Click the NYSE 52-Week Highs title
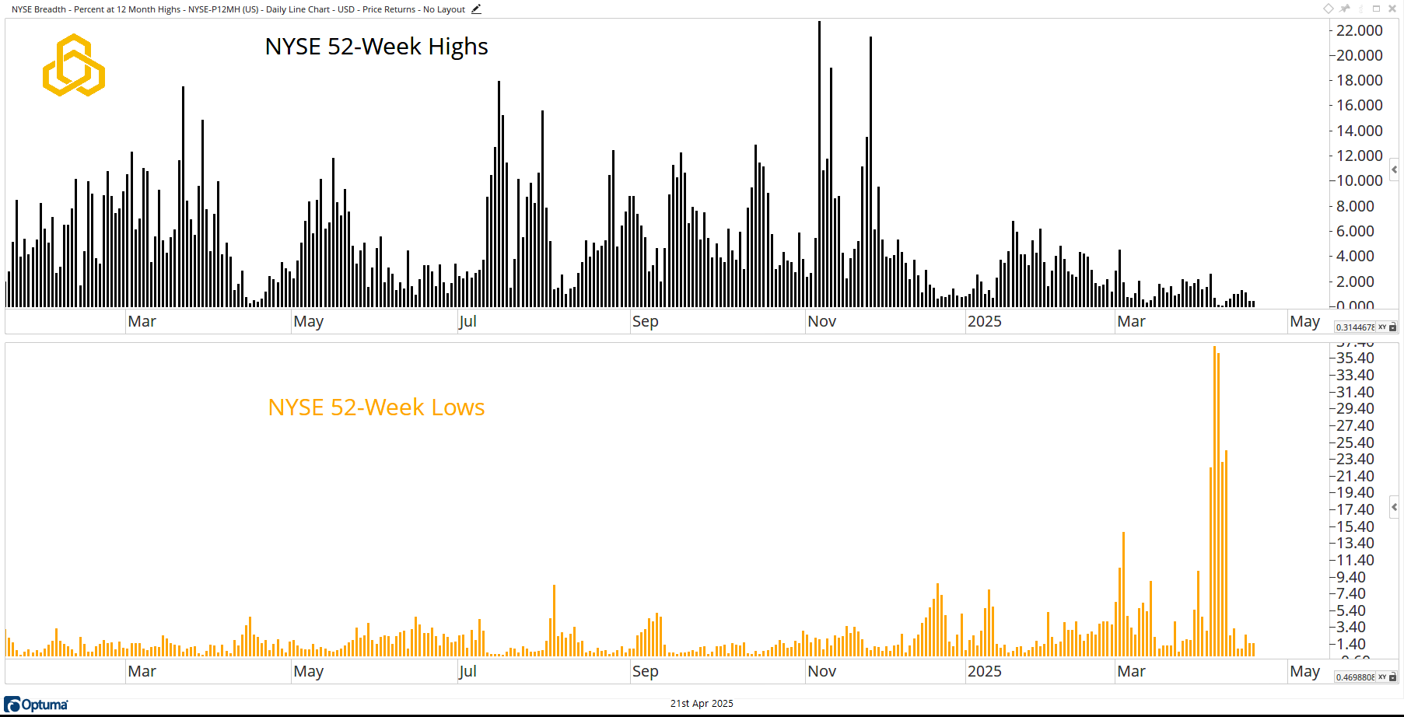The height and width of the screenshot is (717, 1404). [x=376, y=47]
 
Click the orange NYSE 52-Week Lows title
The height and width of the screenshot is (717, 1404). [x=376, y=407]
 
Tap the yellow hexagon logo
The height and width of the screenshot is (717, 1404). [x=74, y=65]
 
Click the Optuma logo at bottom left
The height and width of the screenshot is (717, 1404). [x=37, y=705]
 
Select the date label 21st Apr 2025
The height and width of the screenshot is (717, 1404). [x=702, y=704]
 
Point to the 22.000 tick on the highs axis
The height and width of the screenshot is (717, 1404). [x=1359, y=30]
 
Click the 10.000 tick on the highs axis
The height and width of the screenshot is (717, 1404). [x=1359, y=180]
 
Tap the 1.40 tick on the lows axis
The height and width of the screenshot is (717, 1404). [x=1355, y=644]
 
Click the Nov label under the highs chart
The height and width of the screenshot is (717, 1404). [x=821, y=322]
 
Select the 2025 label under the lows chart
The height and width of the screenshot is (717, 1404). [x=984, y=671]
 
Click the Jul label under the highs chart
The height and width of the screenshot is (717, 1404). [x=467, y=322]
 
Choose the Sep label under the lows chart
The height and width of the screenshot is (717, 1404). [x=645, y=671]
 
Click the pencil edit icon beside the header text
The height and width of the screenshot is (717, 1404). [x=476, y=9]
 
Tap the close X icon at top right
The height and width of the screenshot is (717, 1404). [x=1392, y=9]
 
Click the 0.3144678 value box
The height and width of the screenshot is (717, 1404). [x=1355, y=327]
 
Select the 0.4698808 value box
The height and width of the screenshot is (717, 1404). [x=1355, y=677]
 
